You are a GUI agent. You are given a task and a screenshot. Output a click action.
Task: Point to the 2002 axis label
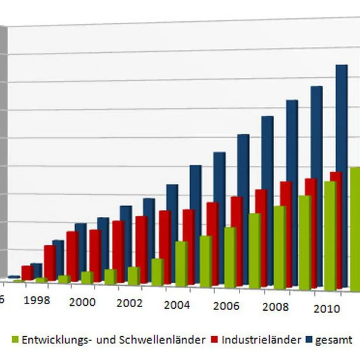tap(129, 303)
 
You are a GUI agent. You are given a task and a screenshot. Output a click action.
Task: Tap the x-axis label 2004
tap(177, 305)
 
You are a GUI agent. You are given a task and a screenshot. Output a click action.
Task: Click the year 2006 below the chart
tap(226, 306)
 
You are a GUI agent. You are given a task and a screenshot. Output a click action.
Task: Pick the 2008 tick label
tap(276, 307)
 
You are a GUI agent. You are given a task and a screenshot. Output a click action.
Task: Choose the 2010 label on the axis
tap(326, 309)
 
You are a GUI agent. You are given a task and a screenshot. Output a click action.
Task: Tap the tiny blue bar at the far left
tap(14, 277)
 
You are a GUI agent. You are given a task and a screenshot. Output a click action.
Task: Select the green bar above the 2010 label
tap(330, 236)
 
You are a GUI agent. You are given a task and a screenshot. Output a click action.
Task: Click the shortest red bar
tap(27, 273)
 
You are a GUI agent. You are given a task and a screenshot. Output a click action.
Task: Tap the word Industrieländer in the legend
tap(261, 340)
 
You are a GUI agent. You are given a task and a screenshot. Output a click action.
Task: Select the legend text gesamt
tap(334, 340)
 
